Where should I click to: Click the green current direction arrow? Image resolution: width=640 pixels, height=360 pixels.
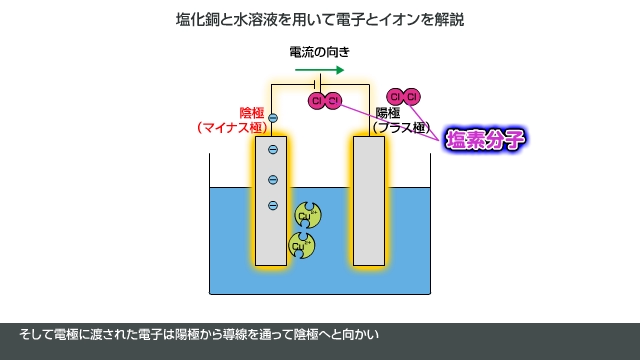[320, 70]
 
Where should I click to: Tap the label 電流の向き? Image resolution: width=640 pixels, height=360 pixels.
[319, 51]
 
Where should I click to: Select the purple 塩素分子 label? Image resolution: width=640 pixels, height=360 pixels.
[486, 138]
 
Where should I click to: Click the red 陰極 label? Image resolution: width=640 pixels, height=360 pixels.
[253, 112]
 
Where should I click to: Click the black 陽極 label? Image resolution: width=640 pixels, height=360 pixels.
[387, 112]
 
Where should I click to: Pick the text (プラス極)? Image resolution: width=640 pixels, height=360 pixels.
[401, 128]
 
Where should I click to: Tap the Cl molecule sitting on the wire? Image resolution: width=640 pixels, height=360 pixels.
[326, 101]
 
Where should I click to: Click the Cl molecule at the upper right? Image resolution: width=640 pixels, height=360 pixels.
[404, 96]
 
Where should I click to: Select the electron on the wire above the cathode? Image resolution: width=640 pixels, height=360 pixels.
[272, 118]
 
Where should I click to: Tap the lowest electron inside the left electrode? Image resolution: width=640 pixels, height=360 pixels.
[272, 206]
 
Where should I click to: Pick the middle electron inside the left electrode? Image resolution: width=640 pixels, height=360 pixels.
[272, 180]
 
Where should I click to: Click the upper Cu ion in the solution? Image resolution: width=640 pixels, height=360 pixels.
[307, 214]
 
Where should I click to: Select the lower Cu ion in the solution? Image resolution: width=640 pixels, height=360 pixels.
[300, 243]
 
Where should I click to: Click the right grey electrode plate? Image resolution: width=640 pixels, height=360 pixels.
[369, 201]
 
